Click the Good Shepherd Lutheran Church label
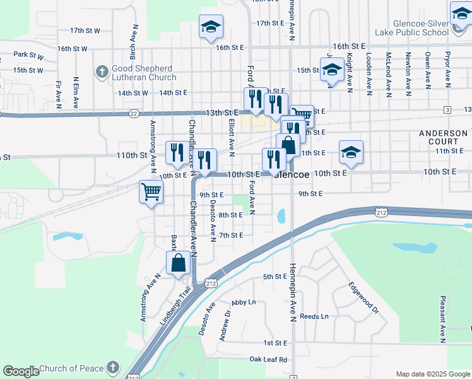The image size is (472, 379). pos(145,73)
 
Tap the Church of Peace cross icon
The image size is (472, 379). pos(112,367)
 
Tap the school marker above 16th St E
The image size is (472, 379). pos(211,27)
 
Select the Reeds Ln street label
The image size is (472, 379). pos(314,316)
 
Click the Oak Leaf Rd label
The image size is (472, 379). pos(268,359)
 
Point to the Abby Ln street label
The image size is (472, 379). pos(244,303)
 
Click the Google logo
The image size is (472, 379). pos(21,371)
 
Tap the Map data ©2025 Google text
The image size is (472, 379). pos(432,374)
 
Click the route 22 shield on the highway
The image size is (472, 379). pos(133,114)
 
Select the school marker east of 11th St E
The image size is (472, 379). pos(351,152)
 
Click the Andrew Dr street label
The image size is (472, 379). pos(224,328)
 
